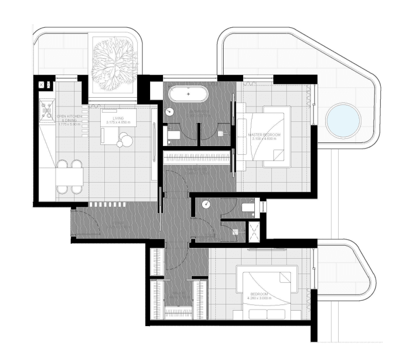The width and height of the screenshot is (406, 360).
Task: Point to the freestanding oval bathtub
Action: [189, 95]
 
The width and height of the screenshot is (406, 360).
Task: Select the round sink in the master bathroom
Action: [169, 112]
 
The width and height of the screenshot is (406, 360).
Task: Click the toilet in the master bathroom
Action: [172, 136]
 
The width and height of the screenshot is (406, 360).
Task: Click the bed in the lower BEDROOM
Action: [266, 291]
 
